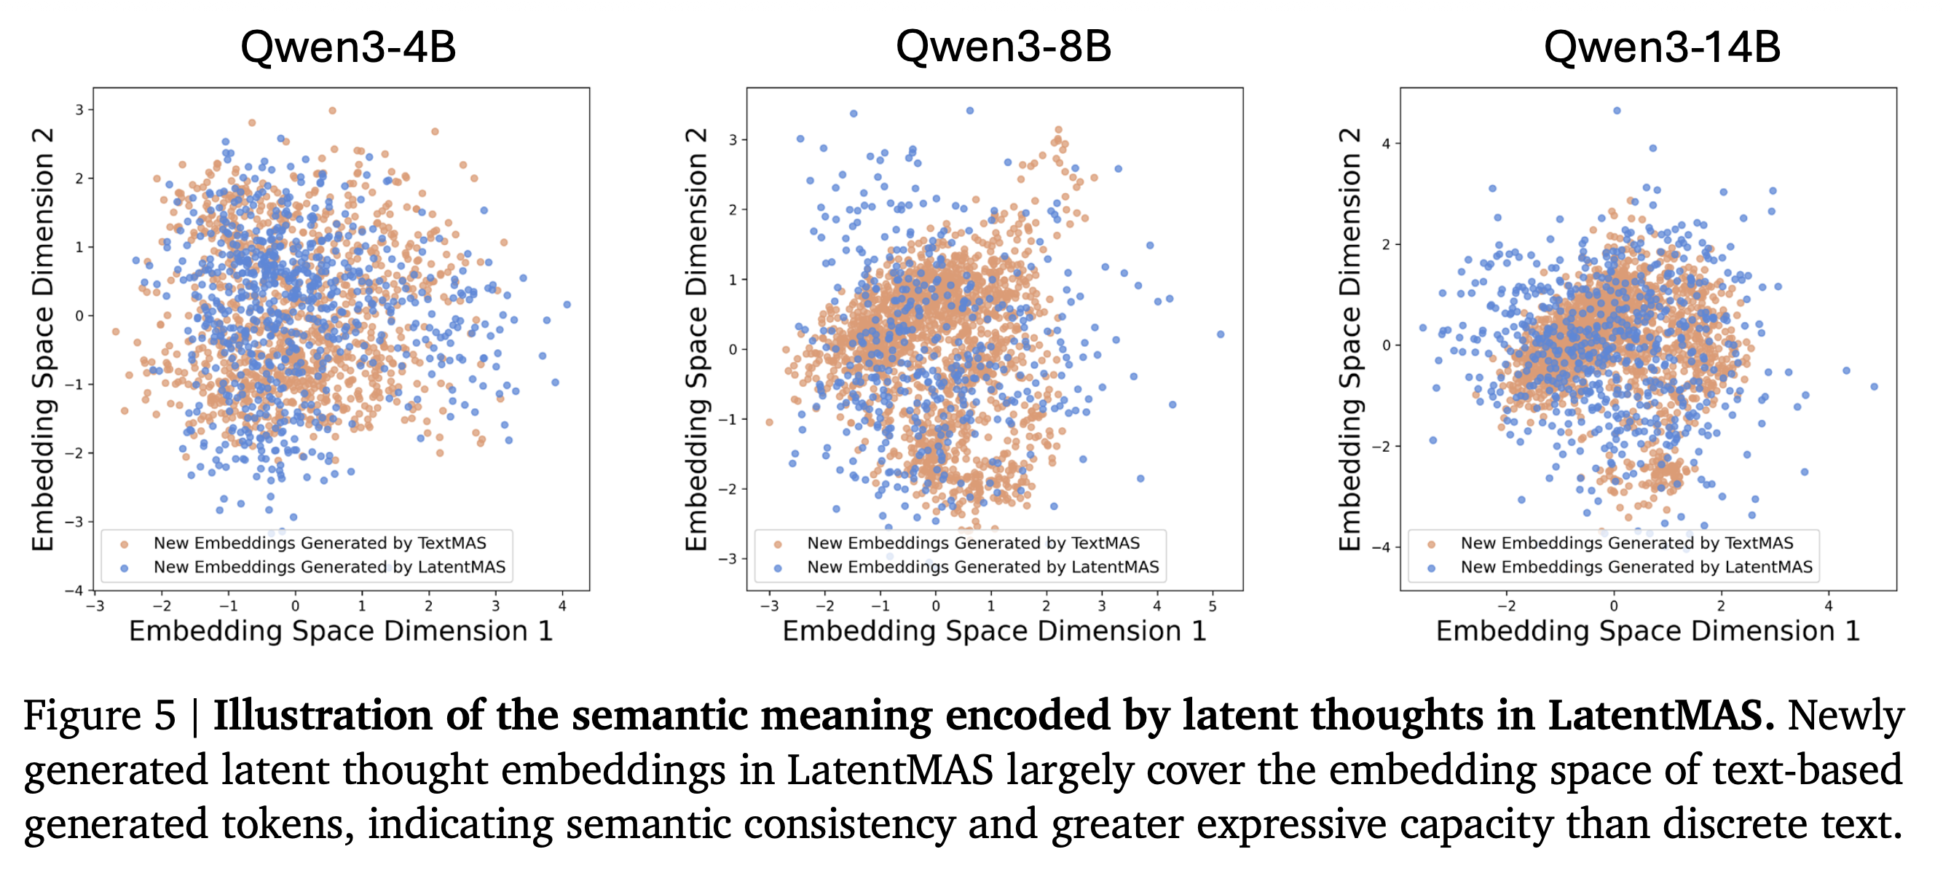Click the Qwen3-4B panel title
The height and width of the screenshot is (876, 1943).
(x=347, y=47)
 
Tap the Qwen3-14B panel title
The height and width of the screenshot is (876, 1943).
(x=1662, y=47)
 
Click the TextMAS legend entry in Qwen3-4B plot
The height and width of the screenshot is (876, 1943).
(x=319, y=543)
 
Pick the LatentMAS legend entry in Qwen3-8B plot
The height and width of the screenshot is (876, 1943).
(x=982, y=568)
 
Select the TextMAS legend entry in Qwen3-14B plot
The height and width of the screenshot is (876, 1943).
(x=1626, y=543)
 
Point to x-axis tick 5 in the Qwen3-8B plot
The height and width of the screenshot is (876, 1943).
(x=1213, y=606)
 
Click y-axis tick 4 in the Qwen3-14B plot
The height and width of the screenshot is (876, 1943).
(x=1386, y=144)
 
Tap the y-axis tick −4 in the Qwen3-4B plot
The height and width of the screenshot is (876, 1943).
(x=75, y=590)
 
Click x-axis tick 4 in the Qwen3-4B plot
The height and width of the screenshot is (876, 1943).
(x=562, y=606)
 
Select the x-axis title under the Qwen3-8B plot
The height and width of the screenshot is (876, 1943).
(x=994, y=632)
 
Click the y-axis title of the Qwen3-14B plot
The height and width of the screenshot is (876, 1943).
(x=1349, y=340)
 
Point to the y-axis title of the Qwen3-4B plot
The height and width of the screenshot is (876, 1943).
(x=43, y=340)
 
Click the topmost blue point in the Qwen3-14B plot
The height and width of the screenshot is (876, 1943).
(x=1617, y=111)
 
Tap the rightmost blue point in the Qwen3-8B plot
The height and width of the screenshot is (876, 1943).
(x=1221, y=335)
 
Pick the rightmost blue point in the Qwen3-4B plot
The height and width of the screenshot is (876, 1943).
(x=567, y=305)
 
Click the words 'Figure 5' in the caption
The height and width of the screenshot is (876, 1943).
(x=100, y=715)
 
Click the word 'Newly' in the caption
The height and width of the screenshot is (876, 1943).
(x=1845, y=715)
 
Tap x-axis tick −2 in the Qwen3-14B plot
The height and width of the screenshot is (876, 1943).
(x=1505, y=606)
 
